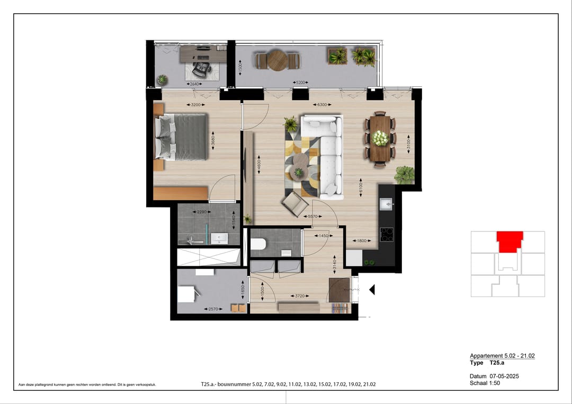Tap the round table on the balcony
tap(276, 60)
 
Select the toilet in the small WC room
tap(258, 244)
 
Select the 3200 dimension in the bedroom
tap(195, 105)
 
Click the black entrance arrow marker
tap(372, 289)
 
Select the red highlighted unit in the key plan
tap(510, 241)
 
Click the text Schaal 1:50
tap(485, 383)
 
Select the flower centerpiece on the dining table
tap(380, 138)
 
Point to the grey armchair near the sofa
tap(294, 203)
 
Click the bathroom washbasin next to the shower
tap(219, 238)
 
